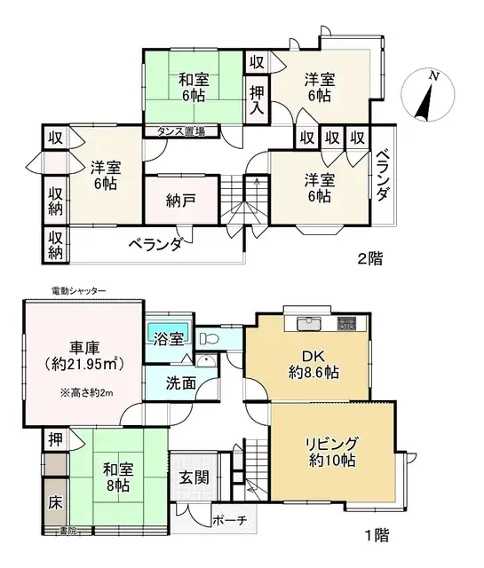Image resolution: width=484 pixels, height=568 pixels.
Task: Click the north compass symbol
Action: (x=426, y=97)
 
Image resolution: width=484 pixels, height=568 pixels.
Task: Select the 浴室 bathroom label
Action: (x=167, y=338)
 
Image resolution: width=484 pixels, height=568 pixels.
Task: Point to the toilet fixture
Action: (x=210, y=338)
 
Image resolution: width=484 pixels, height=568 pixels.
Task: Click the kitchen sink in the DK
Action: (x=306, y=321)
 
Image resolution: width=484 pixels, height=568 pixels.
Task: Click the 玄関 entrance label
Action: (x=194, y=477)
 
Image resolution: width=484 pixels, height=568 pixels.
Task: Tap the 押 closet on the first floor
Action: (x=53, y=439)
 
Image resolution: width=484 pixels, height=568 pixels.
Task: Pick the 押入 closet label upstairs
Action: (x=257, y=99)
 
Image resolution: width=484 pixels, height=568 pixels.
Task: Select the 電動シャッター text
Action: (x=79, y=290)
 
